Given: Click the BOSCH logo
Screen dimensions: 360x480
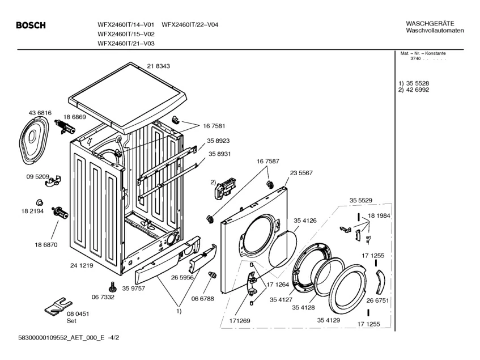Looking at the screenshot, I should [31, 25].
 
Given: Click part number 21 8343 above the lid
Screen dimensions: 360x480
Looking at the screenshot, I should [159, 66].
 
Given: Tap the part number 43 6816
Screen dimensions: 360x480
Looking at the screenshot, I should [40, 113].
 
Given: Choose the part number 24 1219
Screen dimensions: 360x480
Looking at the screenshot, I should [82, 265].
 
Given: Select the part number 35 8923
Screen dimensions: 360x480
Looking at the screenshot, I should [219, 141].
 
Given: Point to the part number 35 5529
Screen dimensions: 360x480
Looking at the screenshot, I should [360, 200].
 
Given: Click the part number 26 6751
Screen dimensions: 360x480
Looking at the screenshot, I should [377, 300].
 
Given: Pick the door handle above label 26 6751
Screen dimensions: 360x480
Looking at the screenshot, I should [379, 279].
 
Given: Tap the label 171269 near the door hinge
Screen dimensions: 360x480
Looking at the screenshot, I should [240, 321].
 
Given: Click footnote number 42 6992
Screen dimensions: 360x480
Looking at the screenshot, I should [417, 90].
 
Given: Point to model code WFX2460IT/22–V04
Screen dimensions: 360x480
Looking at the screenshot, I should [190, 25].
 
